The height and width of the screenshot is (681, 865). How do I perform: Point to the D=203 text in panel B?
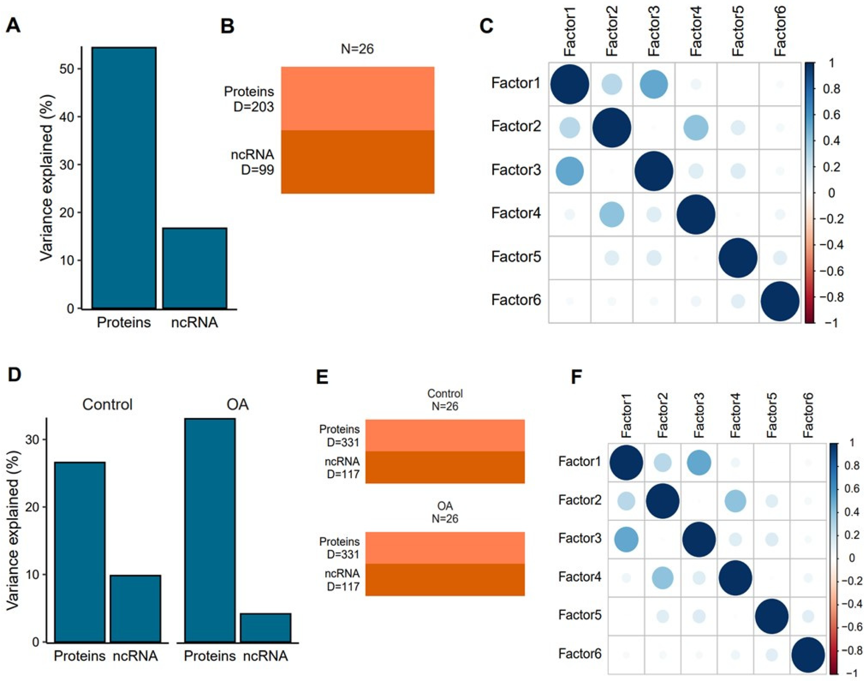(254, 107)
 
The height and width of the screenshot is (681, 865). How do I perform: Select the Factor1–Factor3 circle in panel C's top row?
(654, 84)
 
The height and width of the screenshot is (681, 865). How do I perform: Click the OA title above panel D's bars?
(237, 405)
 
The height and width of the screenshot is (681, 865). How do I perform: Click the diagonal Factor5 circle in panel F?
(772, 616)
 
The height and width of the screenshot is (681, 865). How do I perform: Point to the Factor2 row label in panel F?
(580, 500)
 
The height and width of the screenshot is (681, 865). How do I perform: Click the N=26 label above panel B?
(357, 49)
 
